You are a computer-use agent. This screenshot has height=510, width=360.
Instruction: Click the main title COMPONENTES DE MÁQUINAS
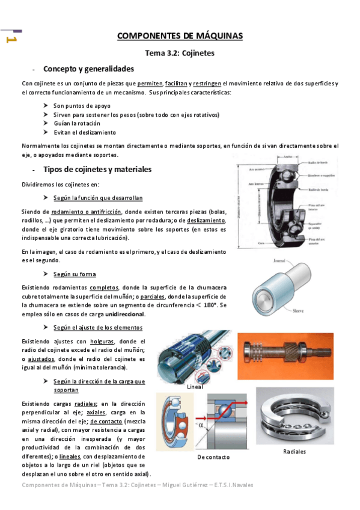pyautogui.click(x=180, y=36)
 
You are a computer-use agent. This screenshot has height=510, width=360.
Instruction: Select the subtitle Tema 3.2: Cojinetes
pyautogui.click(x=180, y=53)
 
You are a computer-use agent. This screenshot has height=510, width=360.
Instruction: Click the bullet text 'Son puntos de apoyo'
pyautogui.click(x=81, y=105)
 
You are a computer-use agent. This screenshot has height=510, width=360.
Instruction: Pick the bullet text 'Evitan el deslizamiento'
pyautogui.click(x=85, y=132)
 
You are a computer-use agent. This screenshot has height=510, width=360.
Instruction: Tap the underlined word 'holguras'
pyautogui.click(x=103, y=342)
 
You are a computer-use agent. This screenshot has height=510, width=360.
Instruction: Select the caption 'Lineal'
pyautogui.click(x=195, y=387)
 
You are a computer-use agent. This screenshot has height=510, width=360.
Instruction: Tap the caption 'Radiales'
pyautogui.click(x=294, y=451)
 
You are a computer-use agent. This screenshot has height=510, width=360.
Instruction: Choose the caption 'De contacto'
pyautogui.click(x=213, y=457)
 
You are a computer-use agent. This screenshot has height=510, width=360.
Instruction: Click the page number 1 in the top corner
pyautogui.click(x=10, y=39)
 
